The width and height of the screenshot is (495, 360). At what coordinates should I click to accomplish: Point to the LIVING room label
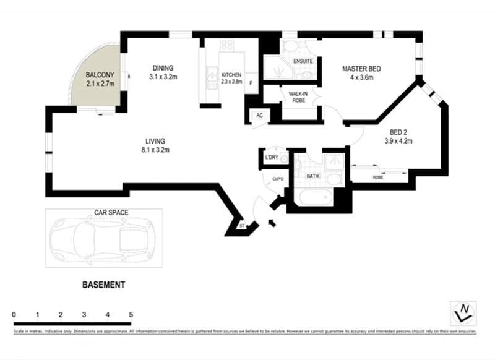tap(155, 141)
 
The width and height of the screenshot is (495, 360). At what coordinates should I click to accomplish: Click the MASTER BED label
tap(362, 68)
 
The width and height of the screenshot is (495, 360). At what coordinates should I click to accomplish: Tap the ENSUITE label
tap(303, 61)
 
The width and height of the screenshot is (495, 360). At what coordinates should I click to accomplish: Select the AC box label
tap(259, 116)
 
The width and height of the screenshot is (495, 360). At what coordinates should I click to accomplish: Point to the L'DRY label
tap(270, 158)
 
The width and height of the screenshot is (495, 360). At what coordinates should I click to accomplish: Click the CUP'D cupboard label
tap(277, 179)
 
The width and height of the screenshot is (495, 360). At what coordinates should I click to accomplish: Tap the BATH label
tap(312, 176)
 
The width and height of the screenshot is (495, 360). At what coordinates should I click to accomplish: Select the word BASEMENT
tap(104, 285)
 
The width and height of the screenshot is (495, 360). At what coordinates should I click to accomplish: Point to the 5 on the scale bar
tap(131, 314)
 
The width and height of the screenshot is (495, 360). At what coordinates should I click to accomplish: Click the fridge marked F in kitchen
tap(251, 83)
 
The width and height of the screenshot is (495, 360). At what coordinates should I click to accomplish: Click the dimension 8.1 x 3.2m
tap(155, 150)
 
